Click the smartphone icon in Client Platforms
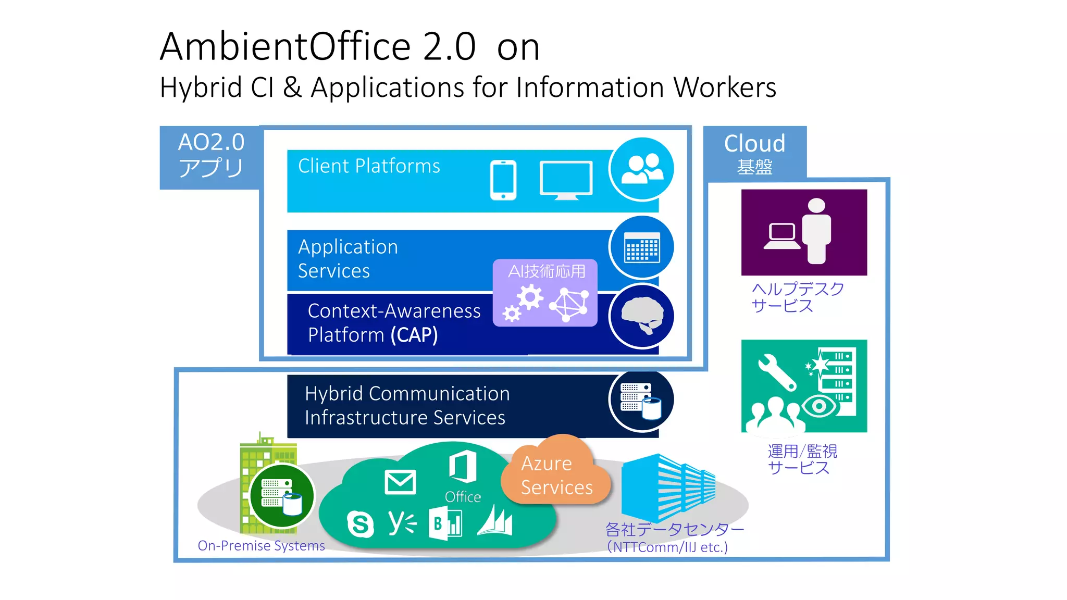503,180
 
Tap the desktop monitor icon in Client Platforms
566,180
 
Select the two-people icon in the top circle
642,169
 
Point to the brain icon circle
642,316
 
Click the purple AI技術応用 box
545,293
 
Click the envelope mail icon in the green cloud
400,482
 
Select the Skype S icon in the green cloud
360,523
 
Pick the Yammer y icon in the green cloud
402,522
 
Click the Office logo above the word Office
463,466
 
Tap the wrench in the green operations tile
776,372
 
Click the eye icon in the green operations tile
819,406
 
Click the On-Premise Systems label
261,546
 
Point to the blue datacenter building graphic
667,487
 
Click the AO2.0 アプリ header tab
210,156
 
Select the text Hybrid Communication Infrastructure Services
406,406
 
